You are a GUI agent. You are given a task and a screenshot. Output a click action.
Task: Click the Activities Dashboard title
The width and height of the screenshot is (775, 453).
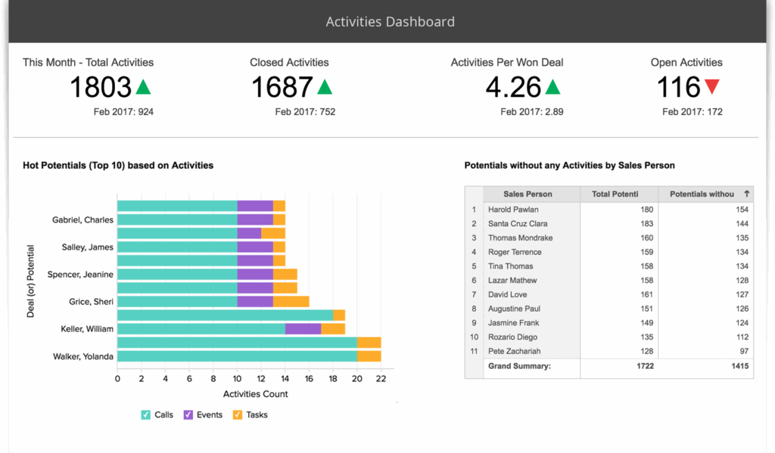390,21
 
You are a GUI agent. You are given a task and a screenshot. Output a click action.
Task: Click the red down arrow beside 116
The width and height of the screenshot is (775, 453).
711,88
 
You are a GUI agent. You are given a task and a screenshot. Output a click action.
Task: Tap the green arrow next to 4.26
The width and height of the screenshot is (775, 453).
552,88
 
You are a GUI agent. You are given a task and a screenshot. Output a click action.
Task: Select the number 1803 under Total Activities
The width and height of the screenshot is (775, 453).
101,88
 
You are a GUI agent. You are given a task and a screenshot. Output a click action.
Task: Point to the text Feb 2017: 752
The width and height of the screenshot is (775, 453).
305,112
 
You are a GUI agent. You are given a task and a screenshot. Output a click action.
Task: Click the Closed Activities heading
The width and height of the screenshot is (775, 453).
289,62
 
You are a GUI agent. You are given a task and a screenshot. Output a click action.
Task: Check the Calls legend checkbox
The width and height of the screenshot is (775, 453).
146,414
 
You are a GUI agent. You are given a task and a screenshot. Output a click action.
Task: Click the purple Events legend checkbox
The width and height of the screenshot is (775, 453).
188,414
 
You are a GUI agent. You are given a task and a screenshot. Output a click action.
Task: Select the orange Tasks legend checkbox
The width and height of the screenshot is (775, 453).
237,414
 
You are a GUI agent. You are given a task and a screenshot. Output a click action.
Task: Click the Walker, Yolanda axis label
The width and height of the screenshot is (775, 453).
82,357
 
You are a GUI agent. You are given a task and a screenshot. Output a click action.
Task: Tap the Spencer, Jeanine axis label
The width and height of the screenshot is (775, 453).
80,275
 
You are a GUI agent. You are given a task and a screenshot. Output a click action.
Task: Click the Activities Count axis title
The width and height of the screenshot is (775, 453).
255,394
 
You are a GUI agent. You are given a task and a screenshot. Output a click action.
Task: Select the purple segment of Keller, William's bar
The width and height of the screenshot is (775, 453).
303,329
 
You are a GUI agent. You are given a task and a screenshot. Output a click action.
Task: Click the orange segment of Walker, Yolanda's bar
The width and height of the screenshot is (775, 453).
369,356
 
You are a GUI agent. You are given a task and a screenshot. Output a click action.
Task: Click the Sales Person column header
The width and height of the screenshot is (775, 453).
528,194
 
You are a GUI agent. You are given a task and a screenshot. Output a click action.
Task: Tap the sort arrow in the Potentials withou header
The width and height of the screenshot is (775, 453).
747,194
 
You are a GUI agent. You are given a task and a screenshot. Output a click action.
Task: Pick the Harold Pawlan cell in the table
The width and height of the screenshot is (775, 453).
515,209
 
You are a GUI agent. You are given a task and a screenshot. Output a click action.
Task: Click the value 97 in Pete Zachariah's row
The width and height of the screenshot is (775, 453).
742,352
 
